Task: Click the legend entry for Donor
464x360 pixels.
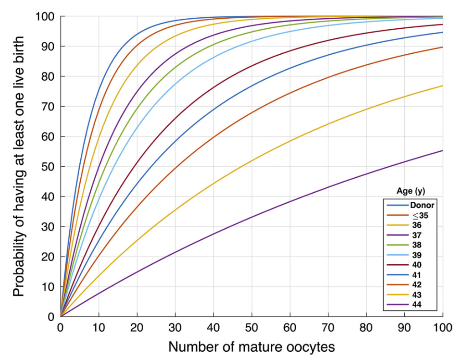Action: click(422, 206)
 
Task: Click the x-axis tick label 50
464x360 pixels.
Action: click(252, 327)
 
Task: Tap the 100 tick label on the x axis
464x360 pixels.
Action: click(443, 327)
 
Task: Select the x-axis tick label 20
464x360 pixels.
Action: click(137, 327)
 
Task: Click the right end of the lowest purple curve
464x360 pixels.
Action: click(443, 151)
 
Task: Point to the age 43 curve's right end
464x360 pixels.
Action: click(443, 86)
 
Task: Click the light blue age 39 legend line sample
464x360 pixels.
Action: click(396, 255)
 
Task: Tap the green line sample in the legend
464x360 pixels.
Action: click(396, 245)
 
